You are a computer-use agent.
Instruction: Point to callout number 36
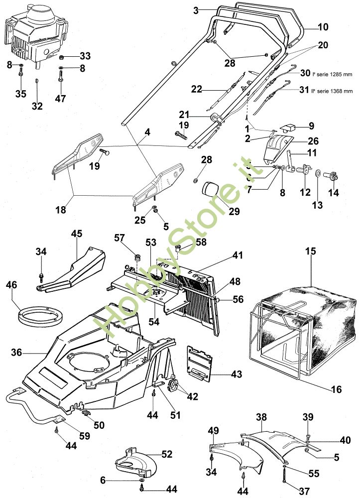click(x=17, y=352)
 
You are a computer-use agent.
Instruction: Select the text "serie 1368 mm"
click(x=334, y=90)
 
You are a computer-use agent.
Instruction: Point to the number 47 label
click(x=60, y=99)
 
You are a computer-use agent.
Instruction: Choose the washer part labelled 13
click(x=317, y=173)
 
